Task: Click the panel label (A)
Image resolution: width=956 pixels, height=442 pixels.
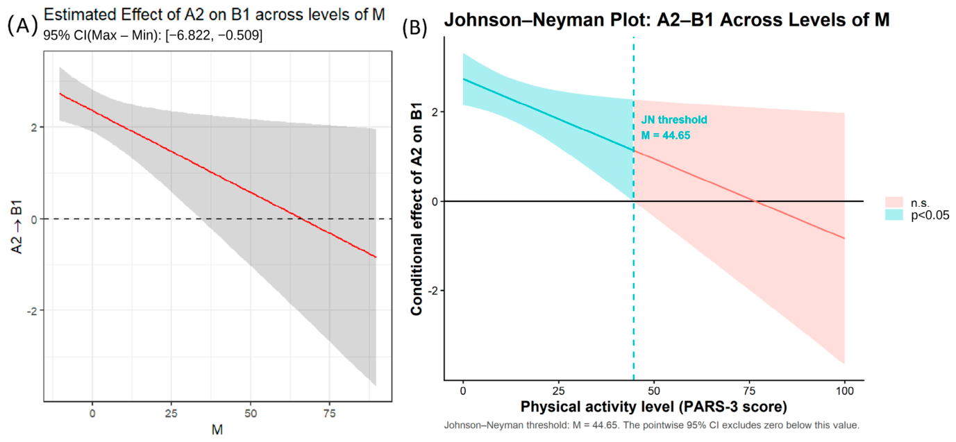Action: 22,26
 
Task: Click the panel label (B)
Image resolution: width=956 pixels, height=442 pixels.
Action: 415,28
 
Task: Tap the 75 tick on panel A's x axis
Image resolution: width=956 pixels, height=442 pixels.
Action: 330,413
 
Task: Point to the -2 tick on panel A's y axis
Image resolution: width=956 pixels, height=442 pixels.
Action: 32,311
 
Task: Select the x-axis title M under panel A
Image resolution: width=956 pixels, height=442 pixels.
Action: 217,430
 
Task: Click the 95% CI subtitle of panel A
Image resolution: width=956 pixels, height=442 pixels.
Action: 153,35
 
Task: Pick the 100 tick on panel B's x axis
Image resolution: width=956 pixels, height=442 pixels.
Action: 845,391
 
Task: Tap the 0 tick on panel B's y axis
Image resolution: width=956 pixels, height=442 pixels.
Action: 435,201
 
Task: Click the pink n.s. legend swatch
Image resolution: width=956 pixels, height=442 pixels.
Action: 894,202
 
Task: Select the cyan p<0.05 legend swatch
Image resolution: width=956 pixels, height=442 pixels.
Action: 894,214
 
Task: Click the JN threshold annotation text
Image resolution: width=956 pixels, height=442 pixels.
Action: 674,120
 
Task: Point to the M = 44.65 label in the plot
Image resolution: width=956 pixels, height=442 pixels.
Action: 666,136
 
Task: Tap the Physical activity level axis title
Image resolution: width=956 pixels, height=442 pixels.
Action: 654,407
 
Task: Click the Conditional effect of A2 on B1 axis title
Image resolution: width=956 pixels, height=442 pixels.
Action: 416,209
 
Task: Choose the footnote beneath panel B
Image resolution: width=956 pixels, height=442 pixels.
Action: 652,425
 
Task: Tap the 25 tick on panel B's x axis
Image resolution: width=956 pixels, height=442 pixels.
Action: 558,391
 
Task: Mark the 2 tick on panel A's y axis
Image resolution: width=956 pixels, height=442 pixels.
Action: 35,127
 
